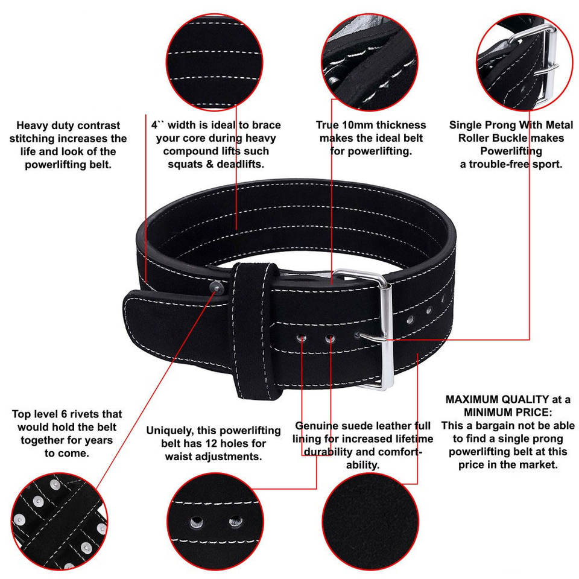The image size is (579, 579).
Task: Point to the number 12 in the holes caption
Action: coord(211,444)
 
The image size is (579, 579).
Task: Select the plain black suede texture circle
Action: coord(369,524)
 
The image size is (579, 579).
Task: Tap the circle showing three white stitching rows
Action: coord(210,60)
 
